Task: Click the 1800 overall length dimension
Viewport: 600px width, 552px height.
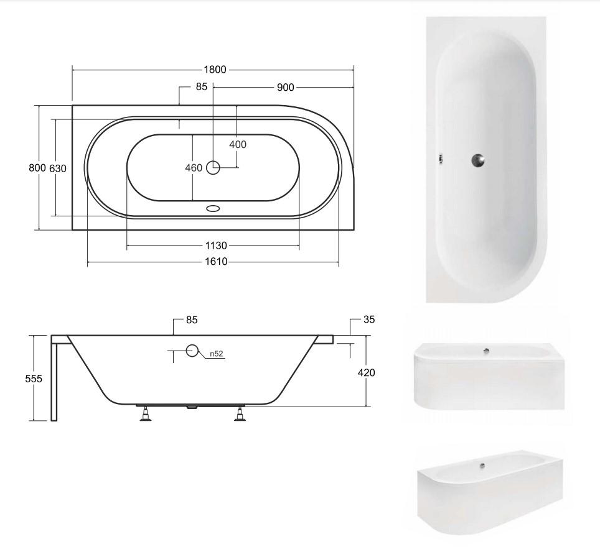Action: (x=215, y=70)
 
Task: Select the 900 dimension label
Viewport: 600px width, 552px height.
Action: (x=286, y=88)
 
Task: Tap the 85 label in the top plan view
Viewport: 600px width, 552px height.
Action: (x=201, y=87)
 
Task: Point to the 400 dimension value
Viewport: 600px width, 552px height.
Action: (x=238, y=144)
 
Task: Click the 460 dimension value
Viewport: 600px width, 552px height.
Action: (x=194, y=168)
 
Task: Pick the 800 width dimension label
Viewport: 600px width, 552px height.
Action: (x=37, y=168)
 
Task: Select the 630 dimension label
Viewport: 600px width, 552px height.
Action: (x=58, y=168)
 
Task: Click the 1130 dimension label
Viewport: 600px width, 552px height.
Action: (x=216, y=246)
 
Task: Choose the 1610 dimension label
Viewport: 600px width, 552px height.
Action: (x=216, y=262)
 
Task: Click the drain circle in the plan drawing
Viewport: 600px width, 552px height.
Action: (x=213, y=167)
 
